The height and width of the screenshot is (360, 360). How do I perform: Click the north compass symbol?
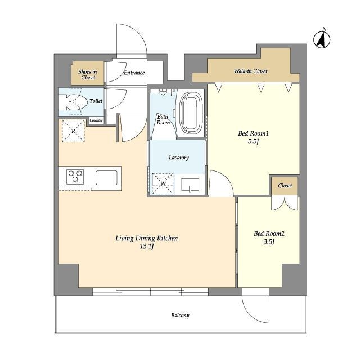point(322,39)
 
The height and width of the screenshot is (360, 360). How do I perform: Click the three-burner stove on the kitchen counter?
point(75,176)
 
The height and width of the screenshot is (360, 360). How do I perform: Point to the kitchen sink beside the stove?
point(106,178)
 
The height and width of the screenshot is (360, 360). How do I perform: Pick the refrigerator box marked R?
point(74,131)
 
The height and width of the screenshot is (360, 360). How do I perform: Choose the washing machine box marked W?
point(163,183)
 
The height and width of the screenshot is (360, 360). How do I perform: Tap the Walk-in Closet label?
point(250,71)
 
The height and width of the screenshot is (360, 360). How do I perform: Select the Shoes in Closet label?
point(88,74)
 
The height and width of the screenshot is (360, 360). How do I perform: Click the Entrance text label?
point(134,73)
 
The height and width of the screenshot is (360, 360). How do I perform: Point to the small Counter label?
point(96,120)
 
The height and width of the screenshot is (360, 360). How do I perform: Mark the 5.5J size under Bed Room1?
point(253,141)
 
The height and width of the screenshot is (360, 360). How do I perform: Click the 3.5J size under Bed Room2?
point(269,241)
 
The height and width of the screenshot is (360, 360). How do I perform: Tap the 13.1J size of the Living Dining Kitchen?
point(147,246)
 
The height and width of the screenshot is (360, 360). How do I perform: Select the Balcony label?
point(180,315)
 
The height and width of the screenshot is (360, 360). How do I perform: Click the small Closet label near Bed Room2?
point(285,186)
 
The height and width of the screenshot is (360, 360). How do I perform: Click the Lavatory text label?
point(179,157)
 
